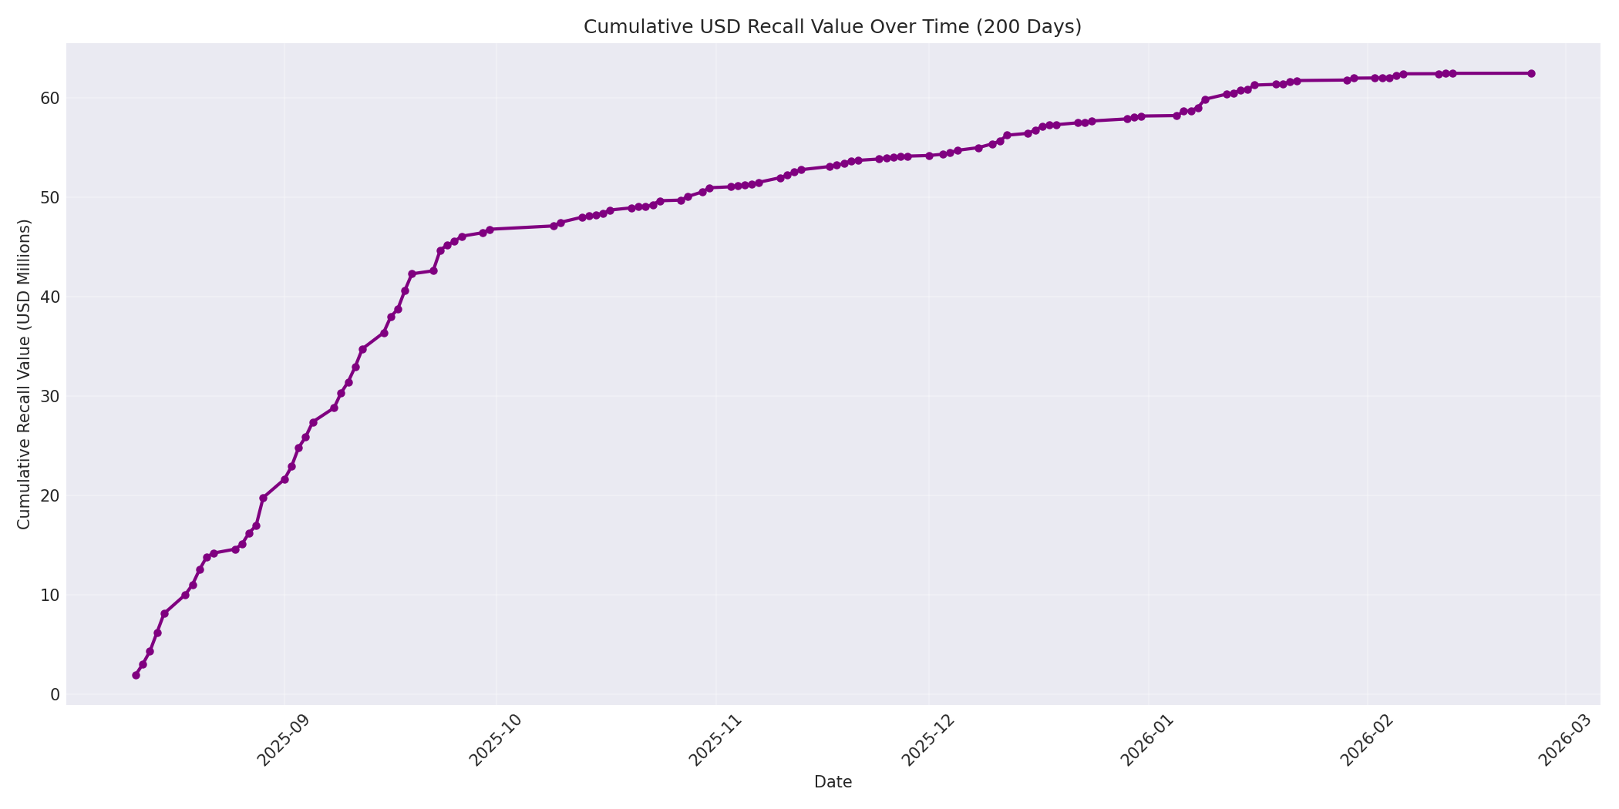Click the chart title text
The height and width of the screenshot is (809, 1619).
833,27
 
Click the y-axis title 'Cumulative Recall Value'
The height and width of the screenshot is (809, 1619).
24,374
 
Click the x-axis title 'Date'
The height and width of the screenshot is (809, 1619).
833,782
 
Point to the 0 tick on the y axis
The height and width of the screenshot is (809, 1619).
55,694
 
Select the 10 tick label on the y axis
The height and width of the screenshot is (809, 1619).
50,595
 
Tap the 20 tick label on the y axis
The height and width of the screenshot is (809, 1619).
50,495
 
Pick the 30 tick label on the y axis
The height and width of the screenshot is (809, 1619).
50,396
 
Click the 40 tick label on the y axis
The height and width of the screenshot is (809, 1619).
50,297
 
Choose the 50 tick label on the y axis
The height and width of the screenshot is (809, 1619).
50,197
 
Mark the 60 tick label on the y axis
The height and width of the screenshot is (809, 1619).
50,98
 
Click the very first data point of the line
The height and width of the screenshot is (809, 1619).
136,675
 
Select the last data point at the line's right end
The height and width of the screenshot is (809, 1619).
1531,73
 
